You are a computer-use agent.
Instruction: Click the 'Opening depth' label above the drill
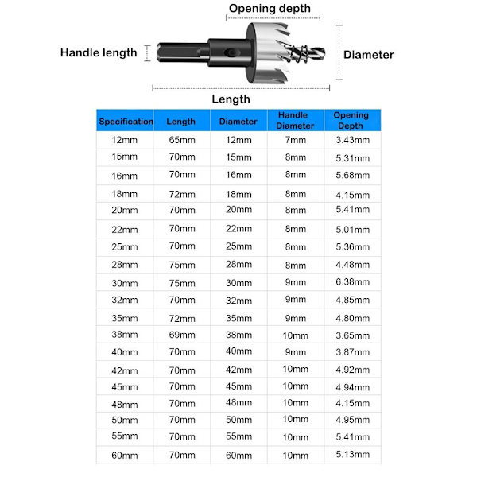[269, 9]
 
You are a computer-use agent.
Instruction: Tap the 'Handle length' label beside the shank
[99, 53]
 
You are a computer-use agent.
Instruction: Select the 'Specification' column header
[126, 122]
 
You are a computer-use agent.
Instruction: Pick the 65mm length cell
[181, 140]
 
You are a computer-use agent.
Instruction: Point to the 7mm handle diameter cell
[296, 140]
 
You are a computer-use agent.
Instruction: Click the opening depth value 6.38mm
[351, 281]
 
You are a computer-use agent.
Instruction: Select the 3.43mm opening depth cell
[351, 140]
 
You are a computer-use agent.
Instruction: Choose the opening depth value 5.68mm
[351, 176]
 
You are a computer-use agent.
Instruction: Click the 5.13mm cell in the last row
[351, 454]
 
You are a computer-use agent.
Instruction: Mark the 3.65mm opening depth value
[351, 335]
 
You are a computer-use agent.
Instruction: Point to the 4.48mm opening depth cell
[351, 266]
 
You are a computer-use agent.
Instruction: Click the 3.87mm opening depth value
[351, 351]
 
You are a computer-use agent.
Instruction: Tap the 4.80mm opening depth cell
[351, 317]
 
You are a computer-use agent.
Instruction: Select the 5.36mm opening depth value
[351, 246]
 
